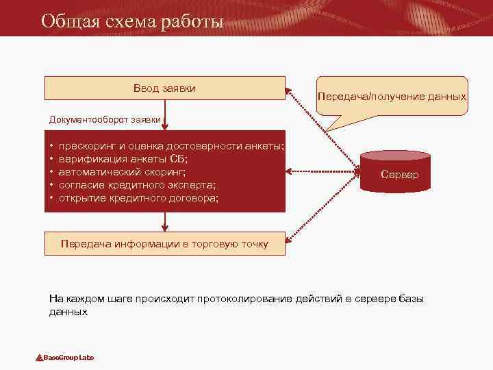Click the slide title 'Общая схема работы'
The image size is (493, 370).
[131, 21]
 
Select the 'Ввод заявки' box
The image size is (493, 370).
[164, 88]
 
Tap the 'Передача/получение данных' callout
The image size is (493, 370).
[392, 97]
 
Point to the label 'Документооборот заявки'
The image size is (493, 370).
[105, 119]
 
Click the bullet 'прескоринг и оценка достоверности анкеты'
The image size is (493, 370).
[171, 146]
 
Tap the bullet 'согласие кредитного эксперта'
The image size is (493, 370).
[137, 185]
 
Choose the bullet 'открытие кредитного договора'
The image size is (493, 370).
[139, 198]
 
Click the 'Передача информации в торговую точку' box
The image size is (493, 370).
[164, 244]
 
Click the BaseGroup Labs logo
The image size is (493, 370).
[65, 358]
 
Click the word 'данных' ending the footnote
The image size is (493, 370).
[68, 311]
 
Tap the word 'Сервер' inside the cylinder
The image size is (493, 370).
[400, 175]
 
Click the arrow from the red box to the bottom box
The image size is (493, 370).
[164, 221]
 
